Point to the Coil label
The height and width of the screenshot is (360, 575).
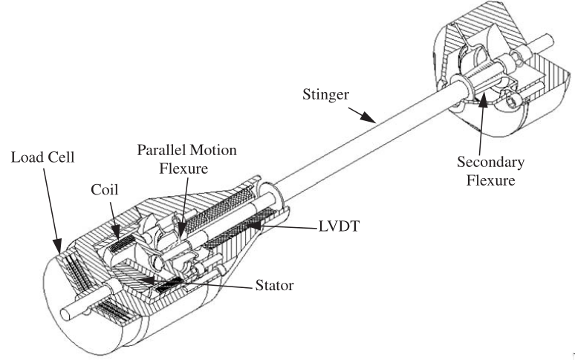(106, 188)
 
